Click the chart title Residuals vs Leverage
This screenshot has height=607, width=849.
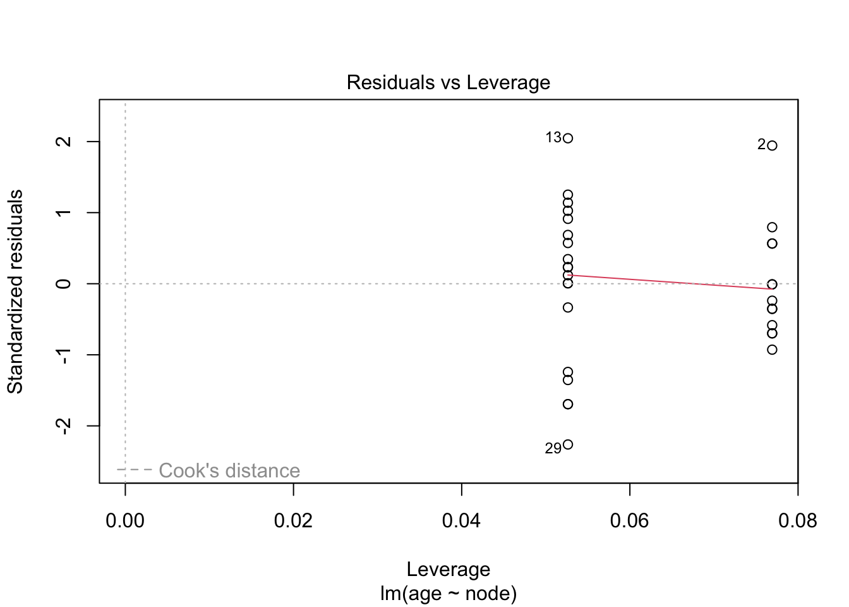448,83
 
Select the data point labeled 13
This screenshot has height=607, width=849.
568,138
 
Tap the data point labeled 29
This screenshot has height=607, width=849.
568,445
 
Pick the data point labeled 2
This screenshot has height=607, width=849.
772,145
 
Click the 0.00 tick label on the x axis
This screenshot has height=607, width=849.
125,521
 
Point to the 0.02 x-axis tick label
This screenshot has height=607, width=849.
293,521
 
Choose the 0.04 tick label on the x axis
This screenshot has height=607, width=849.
461,521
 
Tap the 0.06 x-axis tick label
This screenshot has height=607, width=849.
629,521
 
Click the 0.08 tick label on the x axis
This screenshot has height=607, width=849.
797,521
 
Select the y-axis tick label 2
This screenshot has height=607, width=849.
64,142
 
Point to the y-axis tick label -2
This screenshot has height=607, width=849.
64,426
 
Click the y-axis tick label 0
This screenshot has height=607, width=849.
64,283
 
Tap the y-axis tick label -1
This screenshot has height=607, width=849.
64,355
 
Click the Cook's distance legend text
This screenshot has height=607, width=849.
229,470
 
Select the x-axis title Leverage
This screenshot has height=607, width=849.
448,569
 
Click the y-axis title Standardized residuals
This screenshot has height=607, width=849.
15,291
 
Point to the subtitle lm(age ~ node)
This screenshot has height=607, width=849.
448,594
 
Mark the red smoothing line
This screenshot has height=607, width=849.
670,282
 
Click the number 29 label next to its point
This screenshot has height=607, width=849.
553,448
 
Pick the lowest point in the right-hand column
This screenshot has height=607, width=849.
772,350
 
